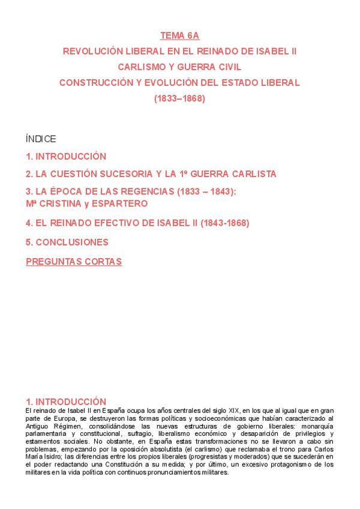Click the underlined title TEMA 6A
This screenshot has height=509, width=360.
[x=179, y=36]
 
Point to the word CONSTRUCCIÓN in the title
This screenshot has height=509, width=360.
[x=96, y=83]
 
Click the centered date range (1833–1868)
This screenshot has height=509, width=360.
[x=179, y=98]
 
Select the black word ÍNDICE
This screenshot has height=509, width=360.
[x=41, y=139]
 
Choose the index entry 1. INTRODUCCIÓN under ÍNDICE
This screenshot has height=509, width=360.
[x=66, y=157]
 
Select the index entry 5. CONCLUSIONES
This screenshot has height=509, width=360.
[x=67, y=242]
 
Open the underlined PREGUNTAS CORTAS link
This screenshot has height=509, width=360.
[x=74, y=262]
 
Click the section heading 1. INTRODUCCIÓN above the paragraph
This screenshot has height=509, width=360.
[x=66, y=402]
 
